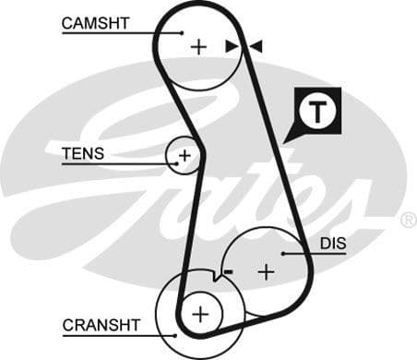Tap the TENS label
pos(83,153)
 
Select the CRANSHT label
pos(101,325)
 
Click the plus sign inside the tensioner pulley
pos(185,155)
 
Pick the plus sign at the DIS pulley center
pos(267,271)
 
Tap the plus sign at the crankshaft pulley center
pos(201,315)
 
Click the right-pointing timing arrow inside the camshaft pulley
pos(232,45)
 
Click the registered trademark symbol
pos(408,220)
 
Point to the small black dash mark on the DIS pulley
pos(228,270)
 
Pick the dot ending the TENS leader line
pos(174,164)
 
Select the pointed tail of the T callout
pos(287,140)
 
